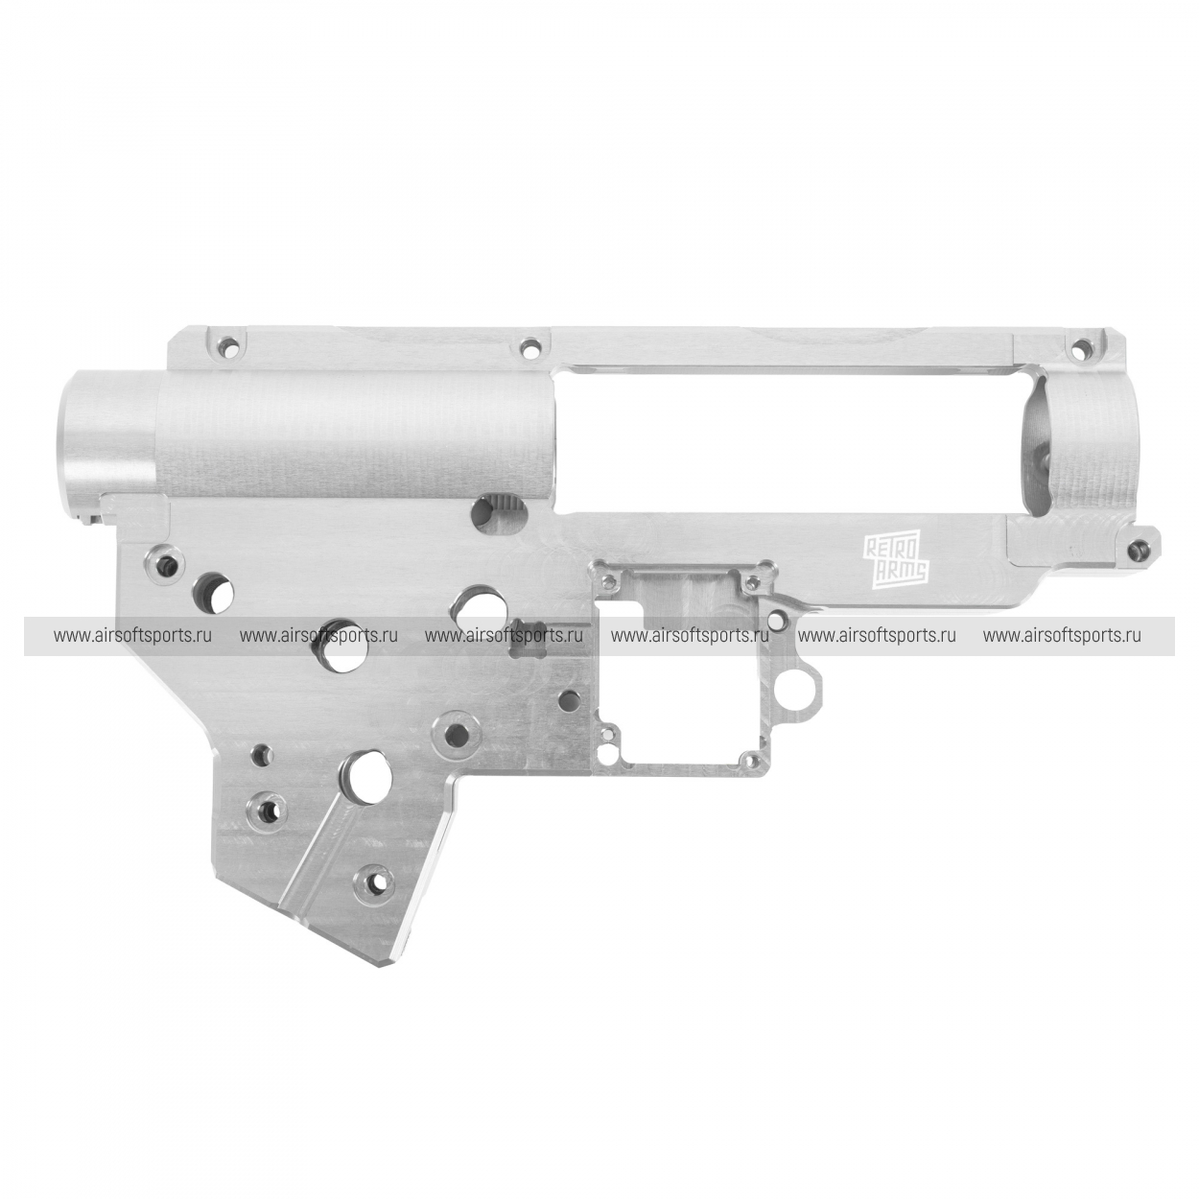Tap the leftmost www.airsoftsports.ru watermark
(132, 636)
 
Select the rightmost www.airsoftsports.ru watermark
(1062, 636)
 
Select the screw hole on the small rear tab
(1138, 548)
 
